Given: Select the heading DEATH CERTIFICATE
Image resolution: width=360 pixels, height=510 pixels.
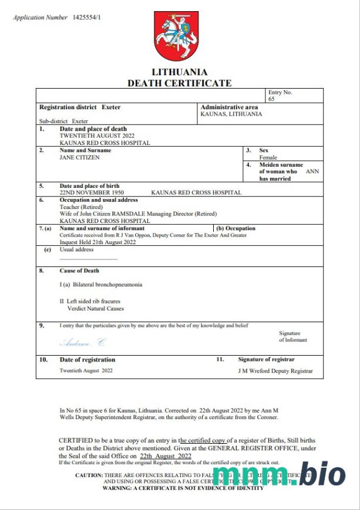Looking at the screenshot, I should [180, 83].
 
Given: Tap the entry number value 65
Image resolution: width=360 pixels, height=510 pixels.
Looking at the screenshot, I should [271, 99].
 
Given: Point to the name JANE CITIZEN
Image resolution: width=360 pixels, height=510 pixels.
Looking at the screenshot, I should [80, 157].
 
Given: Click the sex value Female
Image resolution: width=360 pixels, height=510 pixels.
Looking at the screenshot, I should [268, 157].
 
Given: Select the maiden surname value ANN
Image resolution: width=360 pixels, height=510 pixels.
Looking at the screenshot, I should [313, 172].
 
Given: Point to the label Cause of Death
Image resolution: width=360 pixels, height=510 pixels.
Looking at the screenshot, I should [79, 271].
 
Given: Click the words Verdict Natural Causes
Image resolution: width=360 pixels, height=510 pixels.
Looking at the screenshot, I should [96, 308].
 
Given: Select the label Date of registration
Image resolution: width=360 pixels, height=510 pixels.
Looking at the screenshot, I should [88, 360].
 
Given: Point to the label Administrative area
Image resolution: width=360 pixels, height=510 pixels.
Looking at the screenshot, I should [229, 107].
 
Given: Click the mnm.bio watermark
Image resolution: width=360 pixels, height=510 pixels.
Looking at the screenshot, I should [278, 476].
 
